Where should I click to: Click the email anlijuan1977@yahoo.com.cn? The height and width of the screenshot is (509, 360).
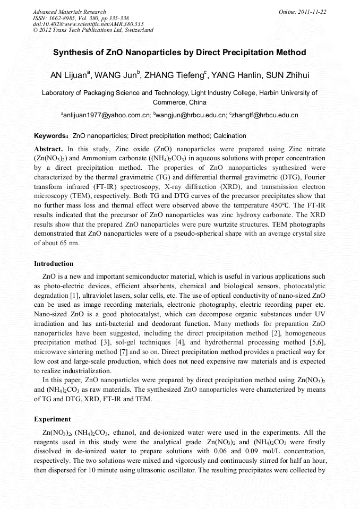pyautogui.click(x=106, y=115)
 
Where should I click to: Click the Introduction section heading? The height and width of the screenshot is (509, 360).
pyautogui.click(x=54, y=264)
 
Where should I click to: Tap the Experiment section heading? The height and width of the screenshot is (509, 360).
pyautogui.click(x=52, y=419)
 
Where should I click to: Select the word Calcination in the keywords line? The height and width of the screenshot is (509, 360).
pyautogui.click(x=229, y=136)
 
